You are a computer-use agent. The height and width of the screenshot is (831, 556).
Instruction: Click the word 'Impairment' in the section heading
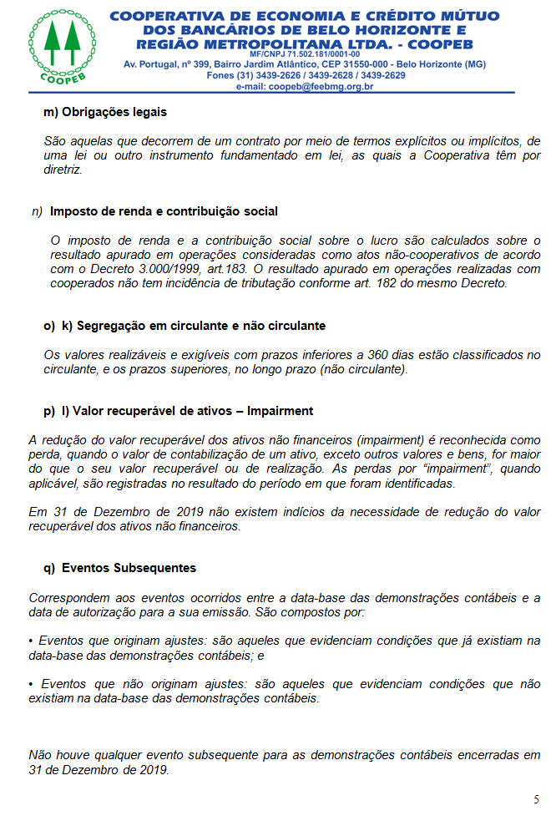(280, 410)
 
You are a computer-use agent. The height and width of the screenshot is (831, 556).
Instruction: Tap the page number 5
(536, 799)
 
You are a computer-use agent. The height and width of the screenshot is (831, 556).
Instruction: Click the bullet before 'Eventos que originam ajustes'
(32, 641)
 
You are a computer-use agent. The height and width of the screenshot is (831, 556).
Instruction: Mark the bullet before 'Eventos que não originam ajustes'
(32, 683)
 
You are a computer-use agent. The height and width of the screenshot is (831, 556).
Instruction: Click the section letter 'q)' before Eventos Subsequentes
(48, 568)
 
